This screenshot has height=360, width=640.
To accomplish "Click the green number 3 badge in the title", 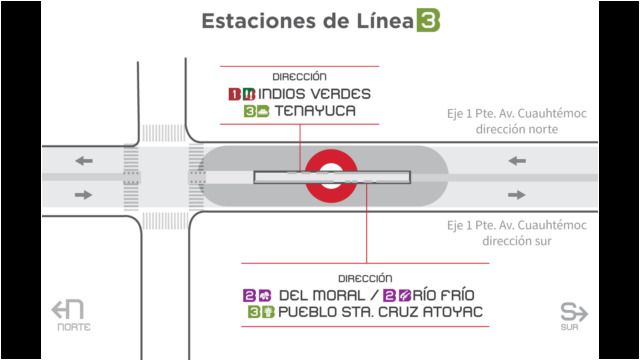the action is [x=428, y=20].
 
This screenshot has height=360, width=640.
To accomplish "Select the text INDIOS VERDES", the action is [x=314, y=94].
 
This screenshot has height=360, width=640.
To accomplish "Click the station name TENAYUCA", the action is [x=315, y=111].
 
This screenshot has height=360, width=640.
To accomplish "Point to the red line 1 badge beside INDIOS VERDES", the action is [x=234, y=94].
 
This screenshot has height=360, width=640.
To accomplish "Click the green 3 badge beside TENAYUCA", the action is [x=249, y=111].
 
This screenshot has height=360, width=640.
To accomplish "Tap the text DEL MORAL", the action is [x=322, y=295].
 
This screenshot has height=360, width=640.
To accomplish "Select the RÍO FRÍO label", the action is [x=443, y=295].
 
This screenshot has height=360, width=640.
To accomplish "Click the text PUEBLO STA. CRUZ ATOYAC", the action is [x=380, y=312].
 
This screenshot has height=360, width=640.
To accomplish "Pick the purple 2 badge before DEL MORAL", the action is [x=249, y=296].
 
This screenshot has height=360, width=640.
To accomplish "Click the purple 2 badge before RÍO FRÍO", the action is [x=389, y=295].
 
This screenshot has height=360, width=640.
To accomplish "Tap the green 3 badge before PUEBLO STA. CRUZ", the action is [x=254, y=312].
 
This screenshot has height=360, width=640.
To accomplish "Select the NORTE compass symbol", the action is [x=69, y=315].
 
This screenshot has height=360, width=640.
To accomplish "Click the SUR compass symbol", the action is [x=573, y=316].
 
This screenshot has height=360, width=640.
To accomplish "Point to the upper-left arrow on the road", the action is [x=84, y=161].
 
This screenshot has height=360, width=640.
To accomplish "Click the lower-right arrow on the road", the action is [x=516, y=195].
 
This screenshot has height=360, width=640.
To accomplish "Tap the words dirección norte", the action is [x=517, y=129].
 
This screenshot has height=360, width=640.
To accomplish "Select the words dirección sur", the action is [x=517, y=241].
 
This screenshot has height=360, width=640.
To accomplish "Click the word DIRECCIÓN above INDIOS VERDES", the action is [x=299, y=77].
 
